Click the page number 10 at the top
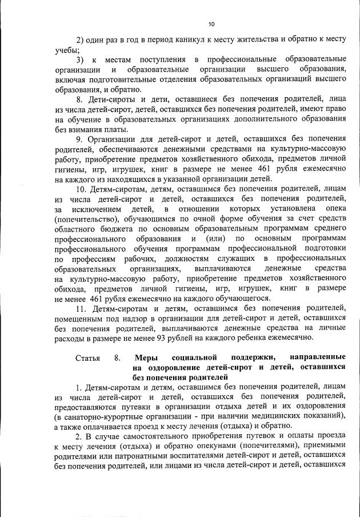click(x=211, y=23)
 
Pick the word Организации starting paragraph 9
click(x=115, y=139)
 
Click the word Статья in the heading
click(x=87, y=358)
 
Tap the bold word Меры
click(x=145, y=358)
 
